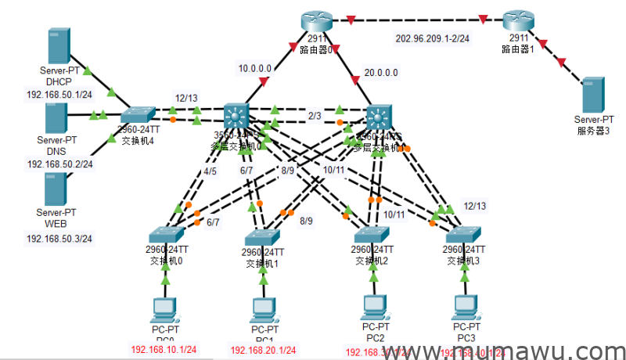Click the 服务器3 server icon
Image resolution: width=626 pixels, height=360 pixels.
coord(592,94)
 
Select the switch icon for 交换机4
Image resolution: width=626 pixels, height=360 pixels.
coord(139,117)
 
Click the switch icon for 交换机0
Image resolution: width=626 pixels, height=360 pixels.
coord(166,235)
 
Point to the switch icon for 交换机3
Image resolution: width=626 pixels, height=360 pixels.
coord(465,234)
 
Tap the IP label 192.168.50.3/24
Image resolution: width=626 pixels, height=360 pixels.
coord(59,237)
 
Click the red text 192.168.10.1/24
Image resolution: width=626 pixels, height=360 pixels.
coord(164,350)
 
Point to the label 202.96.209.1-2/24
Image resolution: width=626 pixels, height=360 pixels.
coord(434,38)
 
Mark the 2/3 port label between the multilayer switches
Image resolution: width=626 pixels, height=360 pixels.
coord(315,116)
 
